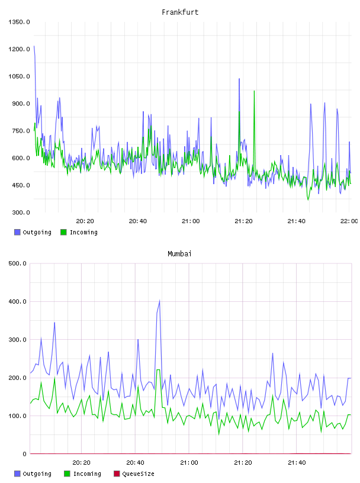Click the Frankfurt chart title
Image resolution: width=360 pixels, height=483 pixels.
coord(180,12)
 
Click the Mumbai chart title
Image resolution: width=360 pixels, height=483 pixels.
coord(179,253)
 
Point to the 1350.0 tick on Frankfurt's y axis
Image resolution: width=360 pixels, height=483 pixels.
coord(19,22)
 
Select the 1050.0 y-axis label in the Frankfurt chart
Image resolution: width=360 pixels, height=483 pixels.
coord(19,76)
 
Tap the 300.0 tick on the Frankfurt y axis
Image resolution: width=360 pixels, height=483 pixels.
coord(21,212)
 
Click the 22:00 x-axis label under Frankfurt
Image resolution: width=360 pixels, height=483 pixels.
coord(349,221)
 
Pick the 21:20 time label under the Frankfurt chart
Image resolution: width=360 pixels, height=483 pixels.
coord(243,221)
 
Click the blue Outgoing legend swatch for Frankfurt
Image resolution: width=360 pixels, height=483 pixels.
coord(17,232)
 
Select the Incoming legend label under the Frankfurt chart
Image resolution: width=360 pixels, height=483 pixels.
coord(83,232)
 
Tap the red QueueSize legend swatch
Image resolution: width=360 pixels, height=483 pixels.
coord(117,474)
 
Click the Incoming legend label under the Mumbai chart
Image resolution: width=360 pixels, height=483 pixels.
coord(87,474)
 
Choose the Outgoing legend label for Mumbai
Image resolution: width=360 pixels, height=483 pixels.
coord(37,474)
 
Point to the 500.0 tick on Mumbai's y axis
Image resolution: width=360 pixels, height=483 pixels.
coord(17,263)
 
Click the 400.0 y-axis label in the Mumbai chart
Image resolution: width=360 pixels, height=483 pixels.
coord(17,301)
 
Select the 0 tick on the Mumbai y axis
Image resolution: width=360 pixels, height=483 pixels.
coord(24,454)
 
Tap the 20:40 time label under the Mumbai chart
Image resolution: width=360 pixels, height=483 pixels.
coord(135,463)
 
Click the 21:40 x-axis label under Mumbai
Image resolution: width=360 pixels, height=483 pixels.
coord(297,463)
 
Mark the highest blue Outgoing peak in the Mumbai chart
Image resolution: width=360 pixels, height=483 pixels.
coord(159,300)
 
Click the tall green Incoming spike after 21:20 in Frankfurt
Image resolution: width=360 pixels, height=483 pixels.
coord(254,91)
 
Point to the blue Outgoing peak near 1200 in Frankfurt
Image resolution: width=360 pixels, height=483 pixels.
coord(34,46)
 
